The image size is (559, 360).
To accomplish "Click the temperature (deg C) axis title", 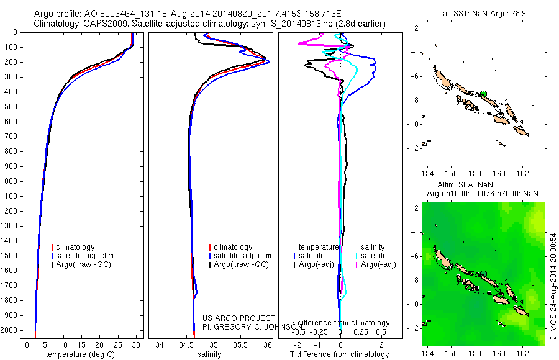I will point(80,354).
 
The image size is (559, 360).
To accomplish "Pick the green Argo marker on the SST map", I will point(483,94).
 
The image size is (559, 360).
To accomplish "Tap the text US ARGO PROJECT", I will point(239,318).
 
